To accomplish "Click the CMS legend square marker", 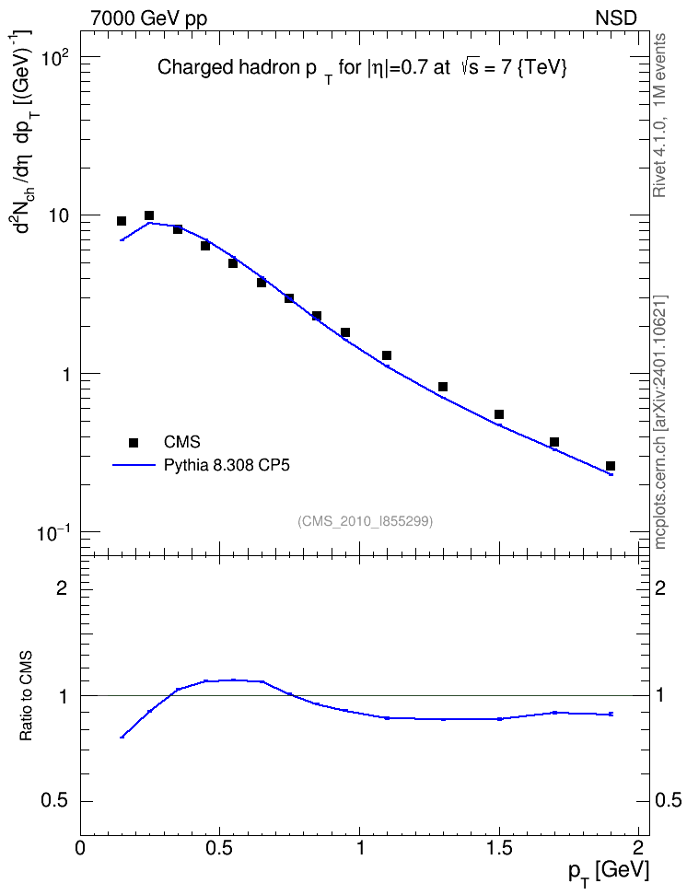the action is point(134,442).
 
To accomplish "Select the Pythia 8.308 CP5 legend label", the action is point(227,465).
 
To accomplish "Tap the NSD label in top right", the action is point(615,17).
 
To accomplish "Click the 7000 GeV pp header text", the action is point(148,18).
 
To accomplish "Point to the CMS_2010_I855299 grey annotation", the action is point(365,521).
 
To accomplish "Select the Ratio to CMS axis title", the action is point(27,695).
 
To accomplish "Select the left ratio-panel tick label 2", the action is point(62,587).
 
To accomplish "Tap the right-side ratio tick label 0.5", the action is point(668,801).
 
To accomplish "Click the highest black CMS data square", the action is point(149,215).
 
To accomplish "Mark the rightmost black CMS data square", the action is point(611,466).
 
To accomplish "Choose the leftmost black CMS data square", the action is point(121,221).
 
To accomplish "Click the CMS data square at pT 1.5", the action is point(499,414).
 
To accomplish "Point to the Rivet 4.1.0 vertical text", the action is point(659,115).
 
